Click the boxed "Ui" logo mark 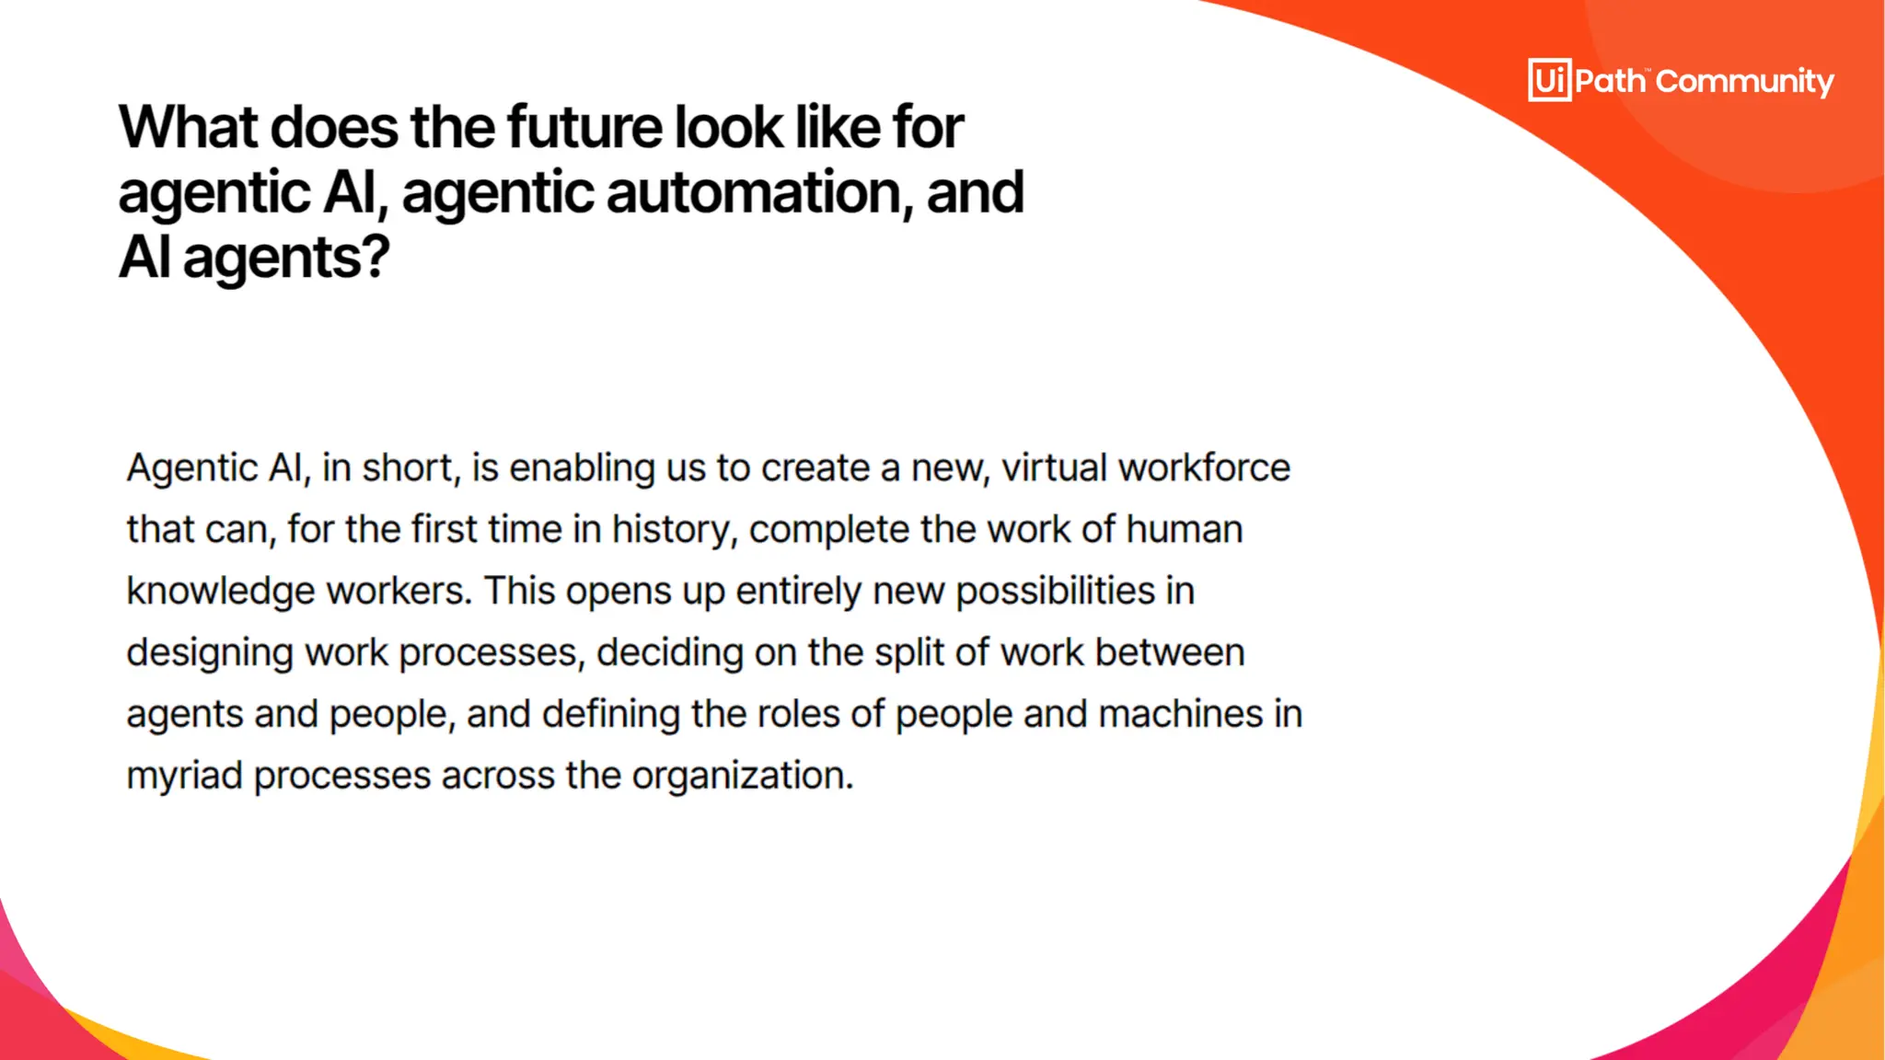(x=1549, y=80)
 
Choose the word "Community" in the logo (x=1744, y=82)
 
